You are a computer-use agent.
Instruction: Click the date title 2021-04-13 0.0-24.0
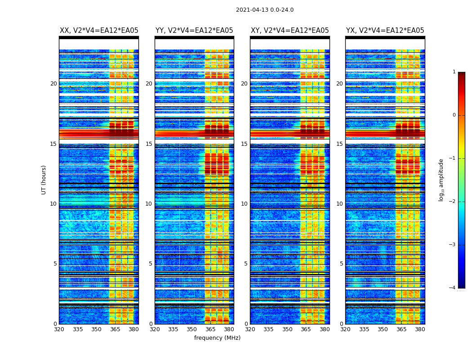pyautogui.click(x=265, y=10)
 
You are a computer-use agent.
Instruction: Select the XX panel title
pyautogui.click(x=99, y=31)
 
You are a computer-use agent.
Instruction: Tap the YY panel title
pyautogui.click(x=194, y=31)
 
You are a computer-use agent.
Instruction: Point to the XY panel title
pyautogui.click(x=289, y=31)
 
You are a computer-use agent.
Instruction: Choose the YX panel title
pyautogui.click(x=385, y=31)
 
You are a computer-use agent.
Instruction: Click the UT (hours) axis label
pyautogui.click(x=44, y=180)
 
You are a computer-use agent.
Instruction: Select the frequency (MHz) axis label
pyautogui.click(x=217, y=338)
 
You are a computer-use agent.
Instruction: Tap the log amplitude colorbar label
pyautogui.click(x=441, y=180)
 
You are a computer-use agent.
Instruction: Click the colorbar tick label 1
pyautogui.click(x=454, y=72)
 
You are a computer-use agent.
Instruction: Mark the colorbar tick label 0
pyautogui.click(x=454, y=115)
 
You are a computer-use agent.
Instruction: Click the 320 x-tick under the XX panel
pyautogui.click(x=59, y=329)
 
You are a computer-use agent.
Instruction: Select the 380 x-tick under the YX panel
pyautogui.click(x=420, y=329)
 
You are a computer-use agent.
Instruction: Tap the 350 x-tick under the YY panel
pyautogui.click(x=192, y=329)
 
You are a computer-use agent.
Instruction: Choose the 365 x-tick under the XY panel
pyautogui.click(x=306, y=329)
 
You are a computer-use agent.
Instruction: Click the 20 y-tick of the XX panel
pyautogui.click(x=53, y=84)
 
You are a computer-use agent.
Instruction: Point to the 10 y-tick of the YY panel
pyautogui.click(x=149, y=204)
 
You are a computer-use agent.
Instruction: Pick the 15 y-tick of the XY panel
pyautogui.click(x=244, y=144)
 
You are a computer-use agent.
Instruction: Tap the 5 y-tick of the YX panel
pyautogui.click(x=341, y=264)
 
